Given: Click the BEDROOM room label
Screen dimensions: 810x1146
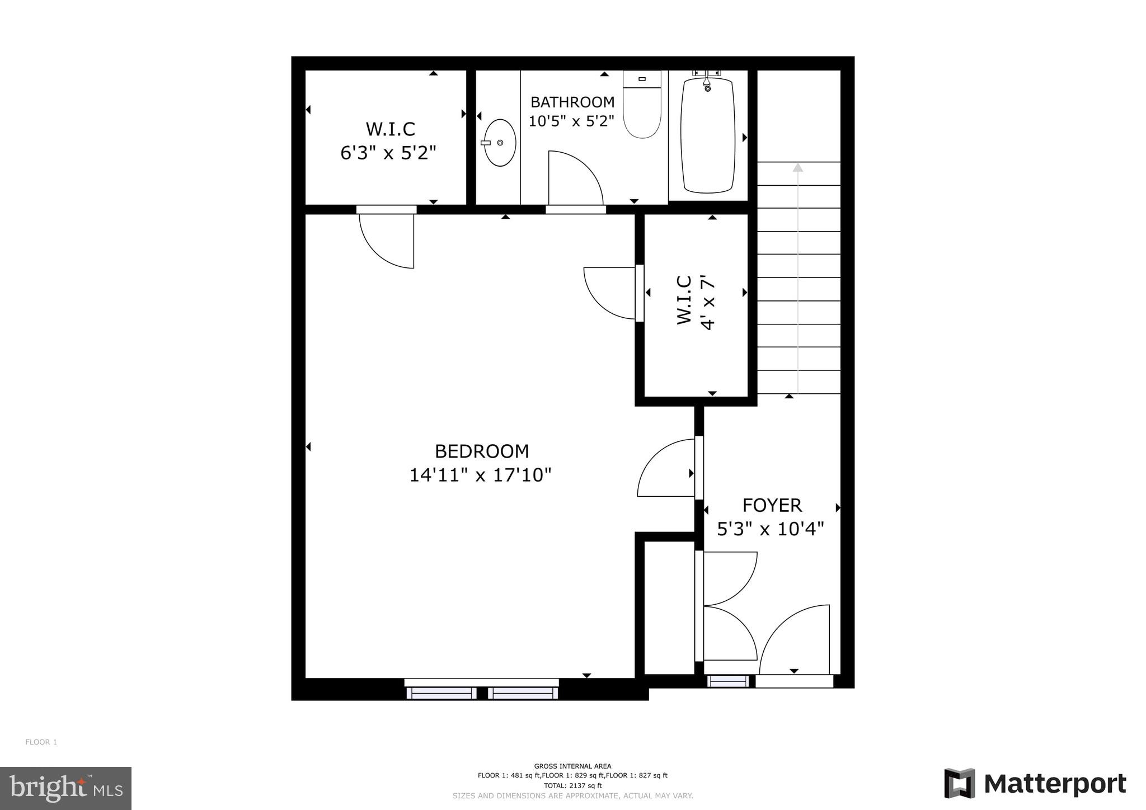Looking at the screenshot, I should tap(481, 451).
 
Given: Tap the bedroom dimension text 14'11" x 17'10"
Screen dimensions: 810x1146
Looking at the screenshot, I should tap(480, 475).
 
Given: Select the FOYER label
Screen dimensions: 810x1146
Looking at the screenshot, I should tap(772, 505).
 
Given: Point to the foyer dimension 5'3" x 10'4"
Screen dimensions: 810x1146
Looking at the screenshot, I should tap(771, 529).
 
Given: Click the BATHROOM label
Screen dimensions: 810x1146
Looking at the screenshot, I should tap(572, 102).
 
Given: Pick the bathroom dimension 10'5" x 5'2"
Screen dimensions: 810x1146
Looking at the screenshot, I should tap(571, 121).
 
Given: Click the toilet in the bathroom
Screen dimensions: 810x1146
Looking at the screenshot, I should tap(642, 106).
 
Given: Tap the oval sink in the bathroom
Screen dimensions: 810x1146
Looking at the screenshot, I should tap(499, 143).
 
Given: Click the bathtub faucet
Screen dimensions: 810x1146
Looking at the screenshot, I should tap(707, 83).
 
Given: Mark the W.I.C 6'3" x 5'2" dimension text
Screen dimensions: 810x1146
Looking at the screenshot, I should tap(388, 153).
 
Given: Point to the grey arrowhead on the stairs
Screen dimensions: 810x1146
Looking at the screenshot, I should tap(797, 167).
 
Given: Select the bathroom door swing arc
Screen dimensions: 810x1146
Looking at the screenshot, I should tap(575, 178).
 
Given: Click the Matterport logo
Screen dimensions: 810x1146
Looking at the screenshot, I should tap(1035, 784).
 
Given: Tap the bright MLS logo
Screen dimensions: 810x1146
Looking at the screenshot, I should tap(66, 788).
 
